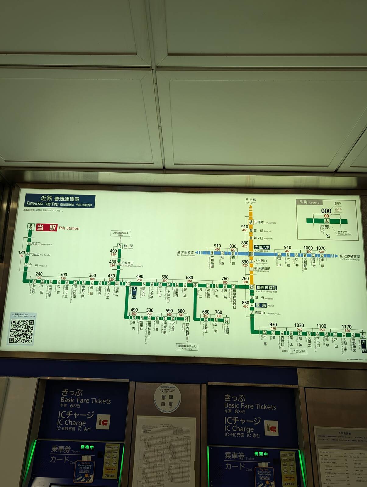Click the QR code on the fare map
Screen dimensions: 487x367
pos(21,331)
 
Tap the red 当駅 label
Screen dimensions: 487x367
pos(47,228)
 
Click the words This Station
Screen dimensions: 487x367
pos(69,228)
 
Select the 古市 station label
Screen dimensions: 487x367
pos(134,292)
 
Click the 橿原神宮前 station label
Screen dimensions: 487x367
pos(266,288)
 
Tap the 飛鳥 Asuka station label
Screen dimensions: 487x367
pos(261,305)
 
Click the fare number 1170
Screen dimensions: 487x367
pos(347,327)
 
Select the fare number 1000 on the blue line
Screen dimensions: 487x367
pos(308,248)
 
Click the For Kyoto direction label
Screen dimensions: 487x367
pos(251,201)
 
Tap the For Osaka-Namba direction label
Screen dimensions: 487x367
pos(186,254)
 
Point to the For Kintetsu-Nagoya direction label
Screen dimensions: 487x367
pos(350,258)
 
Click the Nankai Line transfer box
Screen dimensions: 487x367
pos(187,347)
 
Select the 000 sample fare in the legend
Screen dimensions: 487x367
pos(326,211)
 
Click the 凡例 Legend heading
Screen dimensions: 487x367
pos(309,202)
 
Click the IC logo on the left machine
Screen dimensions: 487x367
pos(103,423)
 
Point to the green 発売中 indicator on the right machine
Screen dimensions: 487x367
pos(261,454)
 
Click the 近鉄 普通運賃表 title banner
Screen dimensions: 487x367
pos(60,201)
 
